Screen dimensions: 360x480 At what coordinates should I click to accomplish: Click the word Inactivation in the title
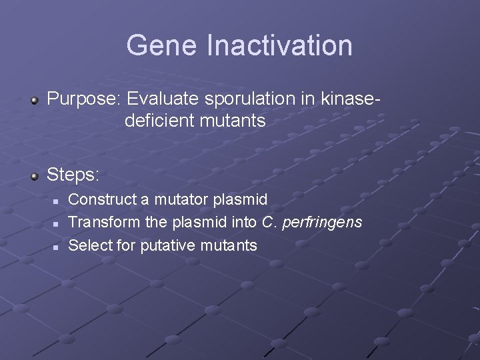click(279, 45)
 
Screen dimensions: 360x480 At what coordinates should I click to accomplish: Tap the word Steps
click(73, 175)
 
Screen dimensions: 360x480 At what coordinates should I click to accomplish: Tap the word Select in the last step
click(91, 245)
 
